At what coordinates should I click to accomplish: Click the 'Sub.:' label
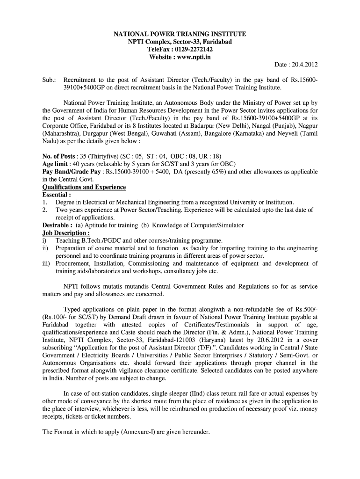click(x=49, y=80)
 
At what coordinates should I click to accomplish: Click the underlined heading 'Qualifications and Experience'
click(x=84, y=187)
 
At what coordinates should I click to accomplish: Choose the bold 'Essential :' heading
click(x=57, y=195)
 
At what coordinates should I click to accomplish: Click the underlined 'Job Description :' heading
click(x=66, y=233)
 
